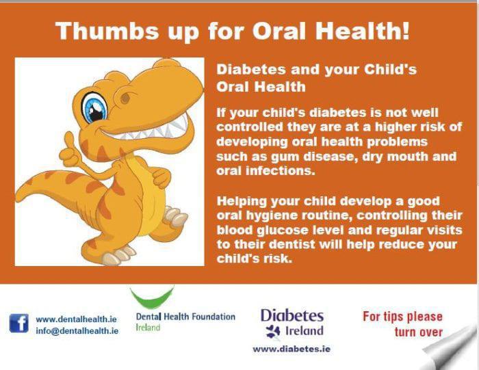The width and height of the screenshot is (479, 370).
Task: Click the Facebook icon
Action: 19,323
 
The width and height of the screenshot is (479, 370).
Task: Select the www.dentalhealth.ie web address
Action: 77,319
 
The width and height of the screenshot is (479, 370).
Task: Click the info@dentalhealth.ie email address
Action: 77,330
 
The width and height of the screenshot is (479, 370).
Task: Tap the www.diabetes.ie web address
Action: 292,349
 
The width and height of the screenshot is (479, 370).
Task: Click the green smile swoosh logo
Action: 152,298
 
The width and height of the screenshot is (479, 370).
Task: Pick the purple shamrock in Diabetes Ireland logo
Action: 272,332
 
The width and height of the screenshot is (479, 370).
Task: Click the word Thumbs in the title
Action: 107,31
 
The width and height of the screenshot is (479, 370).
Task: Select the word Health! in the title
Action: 362,31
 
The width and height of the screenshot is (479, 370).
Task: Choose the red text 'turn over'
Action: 419,332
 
